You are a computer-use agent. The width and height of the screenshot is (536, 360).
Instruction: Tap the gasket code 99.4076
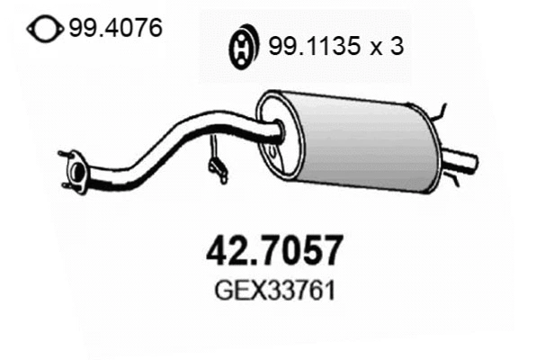tap(115, 29)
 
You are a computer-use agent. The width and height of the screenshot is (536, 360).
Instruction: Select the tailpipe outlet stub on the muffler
tap(463, 162)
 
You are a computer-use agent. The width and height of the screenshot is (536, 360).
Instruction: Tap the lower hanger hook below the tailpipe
tap(454, 180)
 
